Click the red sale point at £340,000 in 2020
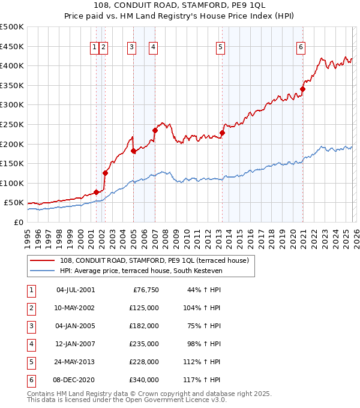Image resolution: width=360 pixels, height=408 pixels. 303,89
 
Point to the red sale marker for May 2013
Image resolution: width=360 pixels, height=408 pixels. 222,133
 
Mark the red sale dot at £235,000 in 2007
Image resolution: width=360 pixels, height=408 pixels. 155,130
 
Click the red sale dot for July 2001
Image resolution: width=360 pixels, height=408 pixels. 96,193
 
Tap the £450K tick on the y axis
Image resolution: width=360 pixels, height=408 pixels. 12,46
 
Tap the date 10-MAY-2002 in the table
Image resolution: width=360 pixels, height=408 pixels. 75,308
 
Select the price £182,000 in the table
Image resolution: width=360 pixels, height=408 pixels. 144,326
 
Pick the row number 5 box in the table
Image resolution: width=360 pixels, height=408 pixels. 31,362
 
